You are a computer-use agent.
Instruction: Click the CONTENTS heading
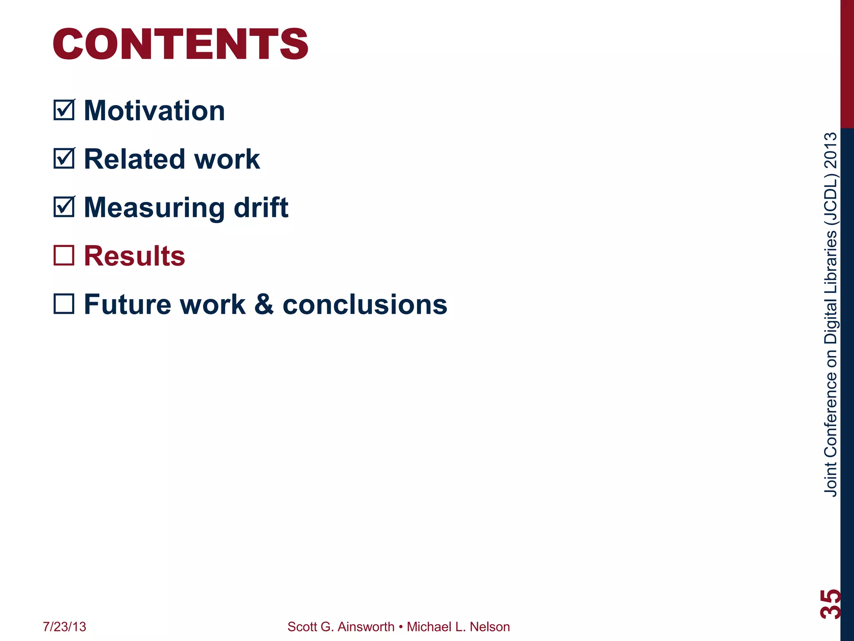click(180, 44)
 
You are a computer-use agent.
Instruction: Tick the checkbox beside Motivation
click(64, 110)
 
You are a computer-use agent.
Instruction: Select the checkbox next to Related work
click(64, 159)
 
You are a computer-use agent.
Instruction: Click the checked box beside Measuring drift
click(64, 207)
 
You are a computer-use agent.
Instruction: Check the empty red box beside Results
click(64, 255)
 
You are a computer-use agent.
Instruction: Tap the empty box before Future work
click(64, 304)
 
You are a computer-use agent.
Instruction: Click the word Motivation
click(154, 111)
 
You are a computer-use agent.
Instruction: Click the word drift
click(261, 208)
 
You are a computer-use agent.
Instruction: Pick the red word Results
click(134, 256)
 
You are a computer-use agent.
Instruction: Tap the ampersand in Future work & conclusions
click(264, 304)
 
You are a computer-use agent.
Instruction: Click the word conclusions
click(365, 304)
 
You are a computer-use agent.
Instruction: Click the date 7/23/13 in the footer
click(64, 627)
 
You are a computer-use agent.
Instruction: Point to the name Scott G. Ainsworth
click(341, 627)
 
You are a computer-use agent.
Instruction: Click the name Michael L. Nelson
click(458, 627)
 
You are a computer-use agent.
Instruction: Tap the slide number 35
click(830, 603)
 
